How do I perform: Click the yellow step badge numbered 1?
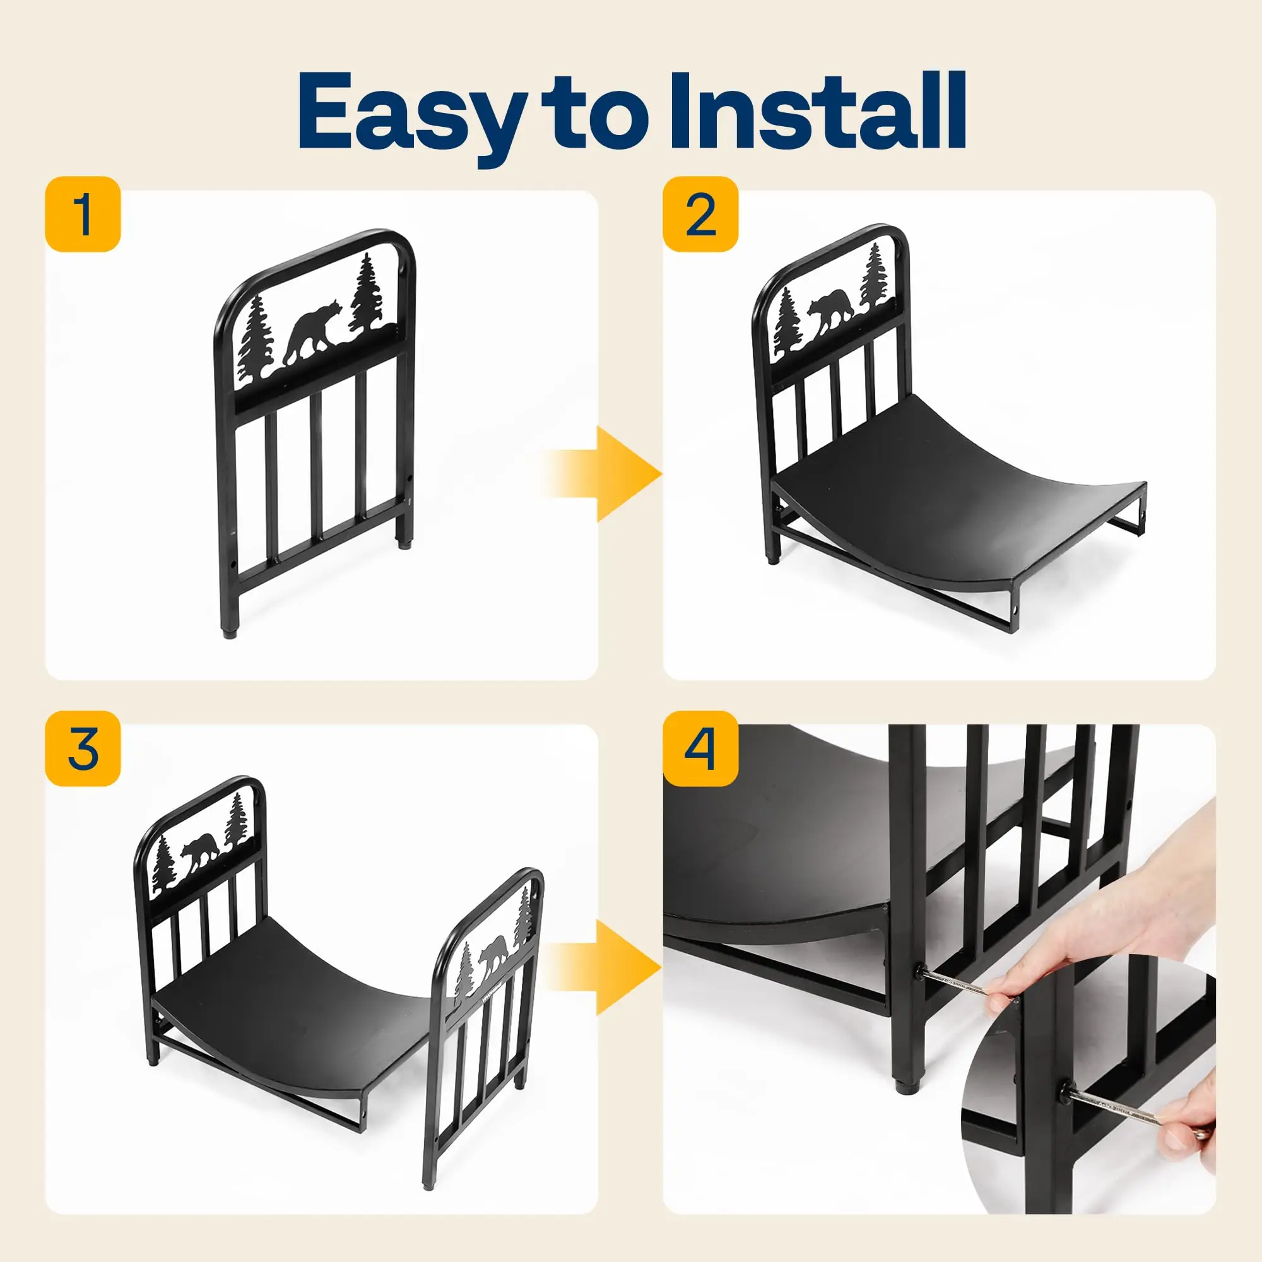click(83, 214)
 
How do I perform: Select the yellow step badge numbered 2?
click(701, 214)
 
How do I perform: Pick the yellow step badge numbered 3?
click(83, 748)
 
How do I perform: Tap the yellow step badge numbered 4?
click(701, 748)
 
